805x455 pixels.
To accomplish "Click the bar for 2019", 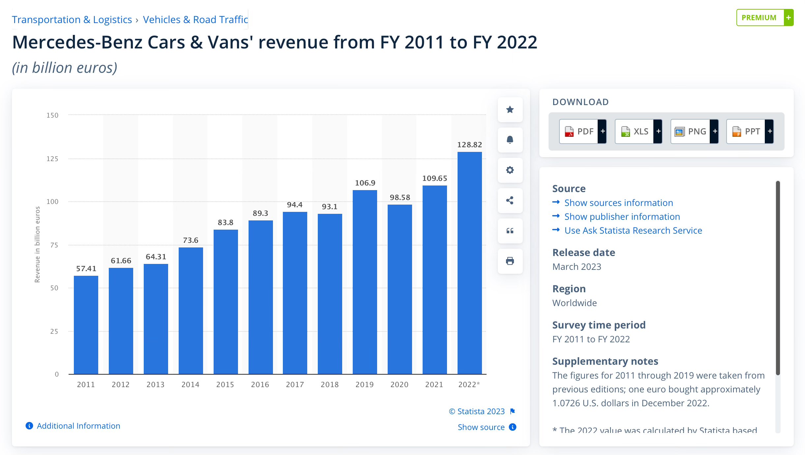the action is pyautogui.click(x=365, y=282).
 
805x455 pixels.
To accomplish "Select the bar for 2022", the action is pyautogui.click(x=469, y=263).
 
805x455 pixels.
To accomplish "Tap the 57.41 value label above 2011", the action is pyautogui.click(x=86, y=269).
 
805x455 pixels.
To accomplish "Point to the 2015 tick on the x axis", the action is pyautogui.click(x=225, y=384).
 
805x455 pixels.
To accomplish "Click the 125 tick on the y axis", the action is pyautogui.click(x=52, y=159).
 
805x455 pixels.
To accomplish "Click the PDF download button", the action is pyautogui.click(x=583, y=131).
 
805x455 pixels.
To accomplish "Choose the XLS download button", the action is pyautogui.click(x=639, y=131).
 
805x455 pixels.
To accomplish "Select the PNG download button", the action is pyautogui.click(x=694, y=131).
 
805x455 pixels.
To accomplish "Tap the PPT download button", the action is pyautogui.click(x=750, y=131).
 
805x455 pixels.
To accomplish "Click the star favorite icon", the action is pyautogui.click(x=510, y=109).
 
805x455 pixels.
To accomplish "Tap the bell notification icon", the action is pyautogui.click(x=510, y=140).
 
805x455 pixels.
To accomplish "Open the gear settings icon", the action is pyautogui.click(x=510, y=170).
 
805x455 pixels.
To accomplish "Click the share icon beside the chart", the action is pyautogui.click(x=510, y=200).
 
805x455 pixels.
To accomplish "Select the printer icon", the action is pyautogui.click(x=510, y=261).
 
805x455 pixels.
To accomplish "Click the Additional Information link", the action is pyautogui.click(x=78, y=426).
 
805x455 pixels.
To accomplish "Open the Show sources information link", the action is pyautogui.click(x=619, y=203).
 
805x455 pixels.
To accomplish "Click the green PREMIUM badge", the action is pyautogui.click(x=765, y=17).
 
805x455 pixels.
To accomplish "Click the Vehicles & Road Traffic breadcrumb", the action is pyautogui.click(x=195, y=20).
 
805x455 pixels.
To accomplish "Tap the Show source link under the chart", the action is pyautogui.click(x=481, y=427).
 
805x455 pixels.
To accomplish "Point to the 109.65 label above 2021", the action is pyautogui.click(x=434, y=178).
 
